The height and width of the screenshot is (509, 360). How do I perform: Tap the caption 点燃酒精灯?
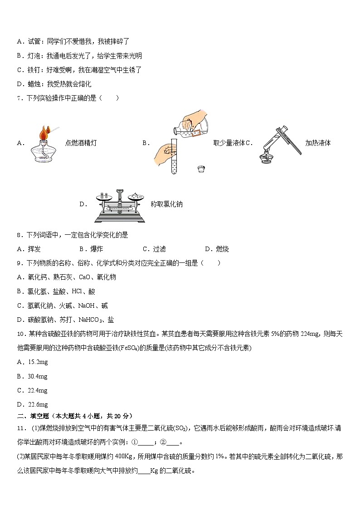coord(81,143)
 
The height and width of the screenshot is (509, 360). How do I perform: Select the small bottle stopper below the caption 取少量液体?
coord(201,169)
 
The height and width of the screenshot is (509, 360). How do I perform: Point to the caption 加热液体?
coord(318,143)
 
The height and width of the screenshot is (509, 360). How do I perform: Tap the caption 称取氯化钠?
coord(166,204)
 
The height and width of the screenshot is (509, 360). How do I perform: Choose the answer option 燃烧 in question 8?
coord(222,249)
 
